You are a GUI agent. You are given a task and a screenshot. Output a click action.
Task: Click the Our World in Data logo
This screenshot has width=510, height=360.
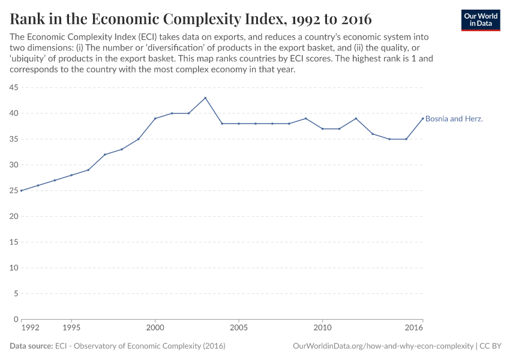(x=480, y=19)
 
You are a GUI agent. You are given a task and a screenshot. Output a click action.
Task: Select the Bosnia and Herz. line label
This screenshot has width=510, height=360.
(x=454, y=119)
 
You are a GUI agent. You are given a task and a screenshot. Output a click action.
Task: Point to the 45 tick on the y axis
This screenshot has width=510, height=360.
(x=13, y=88)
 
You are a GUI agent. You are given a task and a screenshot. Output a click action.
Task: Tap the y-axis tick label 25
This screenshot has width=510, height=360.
(x=13, y=191)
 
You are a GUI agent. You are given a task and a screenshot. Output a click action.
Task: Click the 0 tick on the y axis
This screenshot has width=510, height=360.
(x=16, y=319)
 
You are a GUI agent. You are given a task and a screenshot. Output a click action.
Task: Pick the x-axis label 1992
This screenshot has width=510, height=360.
(x=30, y=328)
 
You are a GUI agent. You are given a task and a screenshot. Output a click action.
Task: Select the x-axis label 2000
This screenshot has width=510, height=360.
(x=155, y=328)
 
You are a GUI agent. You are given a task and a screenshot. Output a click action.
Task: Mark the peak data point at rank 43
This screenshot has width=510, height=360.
(x=205, y=98)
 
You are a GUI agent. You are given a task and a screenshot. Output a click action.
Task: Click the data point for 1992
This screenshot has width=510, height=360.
(x=22, y=191)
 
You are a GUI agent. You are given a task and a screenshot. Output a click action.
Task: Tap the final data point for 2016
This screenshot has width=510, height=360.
(x=423, y=118)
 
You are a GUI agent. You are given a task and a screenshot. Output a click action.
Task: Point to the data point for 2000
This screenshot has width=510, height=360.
(x=155, y=118)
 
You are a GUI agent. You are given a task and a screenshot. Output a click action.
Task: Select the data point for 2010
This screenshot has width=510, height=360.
(x=323, y=129)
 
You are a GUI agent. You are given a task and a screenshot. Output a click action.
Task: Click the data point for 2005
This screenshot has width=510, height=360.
(x=239, y=124)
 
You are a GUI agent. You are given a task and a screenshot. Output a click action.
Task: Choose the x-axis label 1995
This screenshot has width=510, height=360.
(x=71, y=328)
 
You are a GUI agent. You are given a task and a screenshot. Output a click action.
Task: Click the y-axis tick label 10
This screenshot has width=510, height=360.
(x=13, y=268)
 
